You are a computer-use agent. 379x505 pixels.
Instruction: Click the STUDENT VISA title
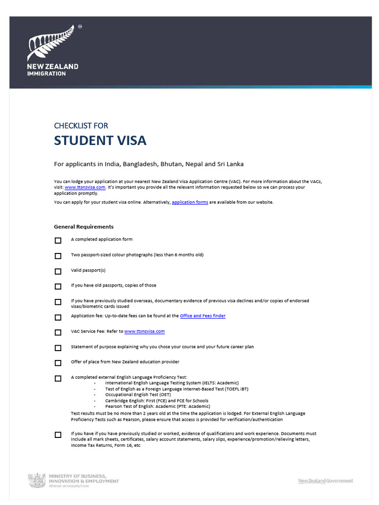[x=100, y=141]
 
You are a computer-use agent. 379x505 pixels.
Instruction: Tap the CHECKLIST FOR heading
[x=81, y=126]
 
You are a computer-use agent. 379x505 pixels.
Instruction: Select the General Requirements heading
[x=83, y=227]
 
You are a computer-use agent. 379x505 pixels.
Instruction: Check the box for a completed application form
[x=58, y=241]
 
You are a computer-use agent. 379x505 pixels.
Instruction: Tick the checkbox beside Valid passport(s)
[x=58, y=271]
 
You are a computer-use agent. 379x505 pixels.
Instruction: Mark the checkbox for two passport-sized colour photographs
[x=58, y=256]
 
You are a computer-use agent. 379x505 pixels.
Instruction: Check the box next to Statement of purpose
[x=58, y=348]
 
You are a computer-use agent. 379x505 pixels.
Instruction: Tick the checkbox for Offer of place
[x=58, y=363]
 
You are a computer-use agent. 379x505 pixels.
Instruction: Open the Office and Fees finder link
[x=202, y=316]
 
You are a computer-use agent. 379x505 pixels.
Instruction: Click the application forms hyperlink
[x=190, y=202]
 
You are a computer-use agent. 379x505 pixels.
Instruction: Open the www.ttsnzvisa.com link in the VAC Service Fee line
[x=144, y=331]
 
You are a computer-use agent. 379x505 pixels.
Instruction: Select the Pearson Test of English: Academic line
[x=157, y=406]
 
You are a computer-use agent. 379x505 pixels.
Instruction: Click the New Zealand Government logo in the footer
[x=326, y=481]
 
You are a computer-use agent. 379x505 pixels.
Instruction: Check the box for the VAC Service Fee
[x=58, y=332]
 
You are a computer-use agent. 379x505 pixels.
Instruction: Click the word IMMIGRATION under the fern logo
[x=47, y=73]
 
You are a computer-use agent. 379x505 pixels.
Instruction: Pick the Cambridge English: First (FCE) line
[x=156, y=400]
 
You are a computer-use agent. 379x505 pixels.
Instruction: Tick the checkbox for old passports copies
[x=58, y=287]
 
